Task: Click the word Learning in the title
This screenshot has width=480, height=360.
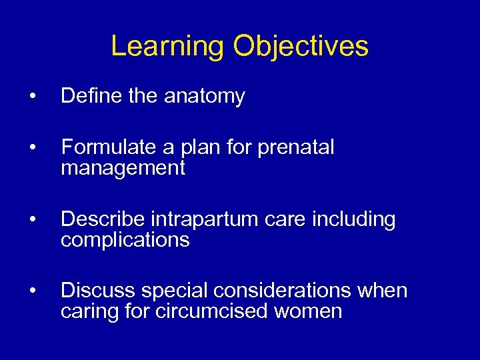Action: click(168, 47)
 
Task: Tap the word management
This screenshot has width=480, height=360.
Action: click(123, 169)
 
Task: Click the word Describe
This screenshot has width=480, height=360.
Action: click(103, 219)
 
